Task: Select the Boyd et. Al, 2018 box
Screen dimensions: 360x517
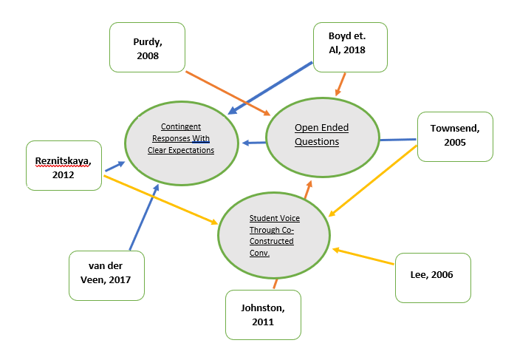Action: tap(350, 46)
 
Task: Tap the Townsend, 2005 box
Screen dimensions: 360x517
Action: tap(455, 136)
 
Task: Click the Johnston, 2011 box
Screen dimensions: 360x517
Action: tap(262, 314)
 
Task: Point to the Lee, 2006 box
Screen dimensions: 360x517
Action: tap(433, 277)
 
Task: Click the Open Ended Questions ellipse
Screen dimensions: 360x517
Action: tap(321, 136)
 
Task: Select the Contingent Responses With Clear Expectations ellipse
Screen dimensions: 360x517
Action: tap(182, 138)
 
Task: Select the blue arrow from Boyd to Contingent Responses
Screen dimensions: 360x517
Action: tap(270, 88)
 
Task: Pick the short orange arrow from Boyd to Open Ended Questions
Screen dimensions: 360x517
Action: tap(341, 83)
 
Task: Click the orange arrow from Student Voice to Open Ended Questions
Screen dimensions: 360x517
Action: tap(307, 189)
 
